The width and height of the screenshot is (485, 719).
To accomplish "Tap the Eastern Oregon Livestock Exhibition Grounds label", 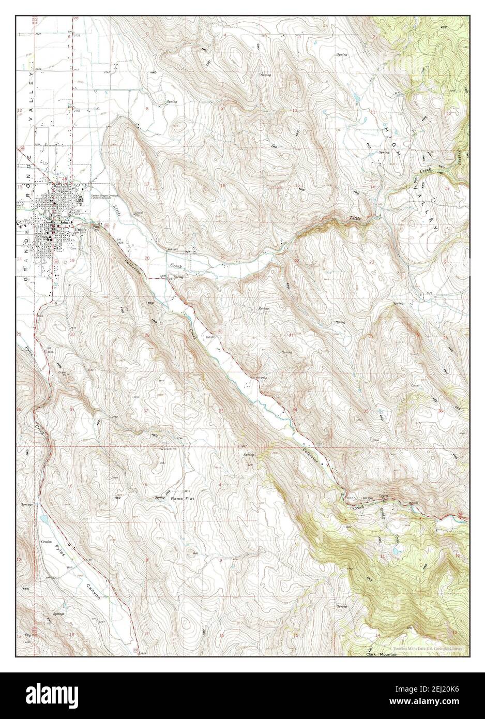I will [x=107, y=197].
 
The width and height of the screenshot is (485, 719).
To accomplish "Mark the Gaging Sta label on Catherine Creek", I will [x=383, y=496].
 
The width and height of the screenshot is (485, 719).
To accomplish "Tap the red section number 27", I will [x=291, y=336].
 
